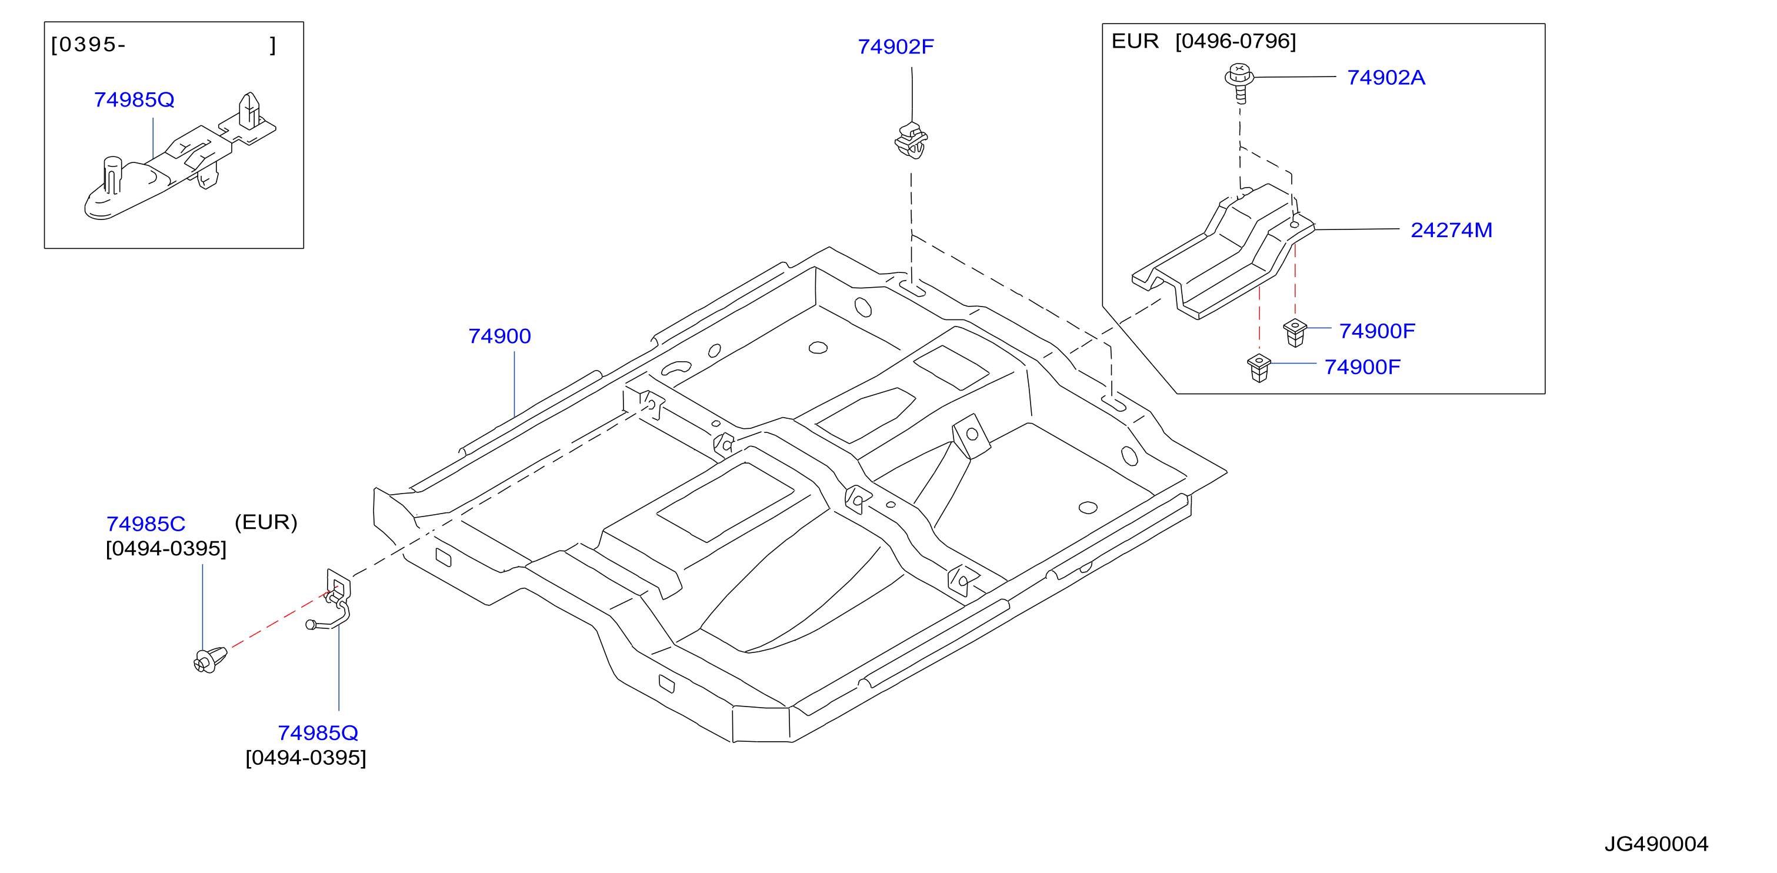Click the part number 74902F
(895, 47)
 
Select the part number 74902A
(1386, 77)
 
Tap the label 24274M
(1451, 230)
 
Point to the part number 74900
(499, 336)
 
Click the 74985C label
(145, 524)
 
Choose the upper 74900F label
(1377, 331)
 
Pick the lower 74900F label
(1362, 367)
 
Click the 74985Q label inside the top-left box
(134, 100)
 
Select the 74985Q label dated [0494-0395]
(318, 733)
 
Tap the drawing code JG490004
(1656, 844)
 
